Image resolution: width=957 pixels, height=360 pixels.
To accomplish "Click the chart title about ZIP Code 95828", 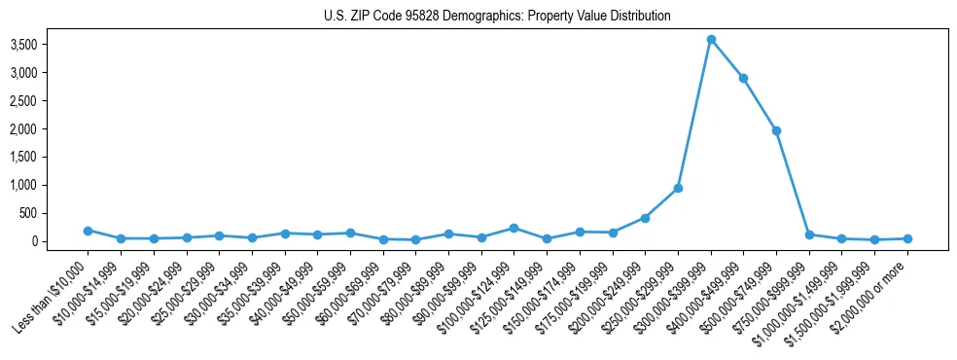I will [x=497, y=17].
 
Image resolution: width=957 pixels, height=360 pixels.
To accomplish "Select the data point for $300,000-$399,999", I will [x=711, y=39].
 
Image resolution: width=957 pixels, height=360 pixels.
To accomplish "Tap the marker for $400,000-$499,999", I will [x=743, y=78].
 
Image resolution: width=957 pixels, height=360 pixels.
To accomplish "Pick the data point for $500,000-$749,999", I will [x=776, y=130].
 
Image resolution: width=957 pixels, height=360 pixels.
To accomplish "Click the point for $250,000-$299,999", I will [x=678, y=188].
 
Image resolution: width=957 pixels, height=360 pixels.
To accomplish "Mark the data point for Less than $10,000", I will [x=88, y=231].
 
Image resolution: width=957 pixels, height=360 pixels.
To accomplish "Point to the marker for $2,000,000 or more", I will [x=907, y=238].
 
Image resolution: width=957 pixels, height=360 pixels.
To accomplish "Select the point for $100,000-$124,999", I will [x=514, y=228].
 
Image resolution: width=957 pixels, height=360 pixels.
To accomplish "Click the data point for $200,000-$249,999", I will [x=645, y=218].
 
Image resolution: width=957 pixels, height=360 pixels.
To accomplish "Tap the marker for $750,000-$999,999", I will [x=809, y=234].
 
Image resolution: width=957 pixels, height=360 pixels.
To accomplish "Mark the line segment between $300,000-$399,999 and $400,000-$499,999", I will [x=727, y=58].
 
